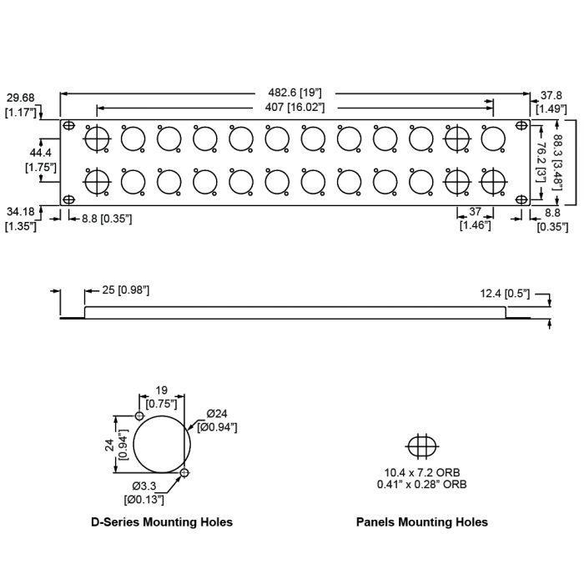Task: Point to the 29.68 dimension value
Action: tap(19, 97)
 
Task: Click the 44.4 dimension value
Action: tap(41, 154)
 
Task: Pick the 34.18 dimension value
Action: tap(20, 212)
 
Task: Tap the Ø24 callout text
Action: tap(217, 413)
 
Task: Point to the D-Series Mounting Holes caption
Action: tap(162, 522)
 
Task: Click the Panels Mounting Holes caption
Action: tap(421, 522)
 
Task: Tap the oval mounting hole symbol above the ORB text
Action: tap(421, 446)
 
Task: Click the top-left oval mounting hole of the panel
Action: tap(69, 126)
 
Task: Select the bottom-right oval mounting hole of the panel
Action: tap(521, 199)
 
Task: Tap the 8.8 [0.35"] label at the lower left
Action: tap(101, 219)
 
